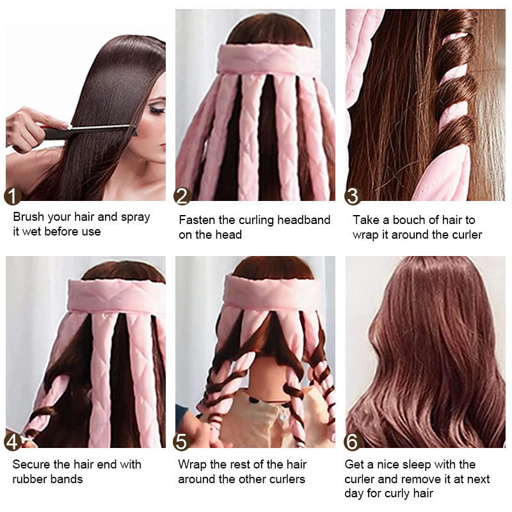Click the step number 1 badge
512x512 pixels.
[x=13, y=196]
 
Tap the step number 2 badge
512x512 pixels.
[x=184, y=196]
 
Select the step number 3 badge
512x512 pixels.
[x=353, y=196]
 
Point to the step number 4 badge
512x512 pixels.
[x=13, y=442]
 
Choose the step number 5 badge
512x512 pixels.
[x=184, y=442]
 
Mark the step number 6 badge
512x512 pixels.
[x=353, y=442]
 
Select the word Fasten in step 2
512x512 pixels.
[x=196, y=220]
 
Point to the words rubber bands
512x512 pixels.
[x=48, y=479]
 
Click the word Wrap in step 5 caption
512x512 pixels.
[x=192, y=464]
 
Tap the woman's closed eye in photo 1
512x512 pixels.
[x=156, y=110]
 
